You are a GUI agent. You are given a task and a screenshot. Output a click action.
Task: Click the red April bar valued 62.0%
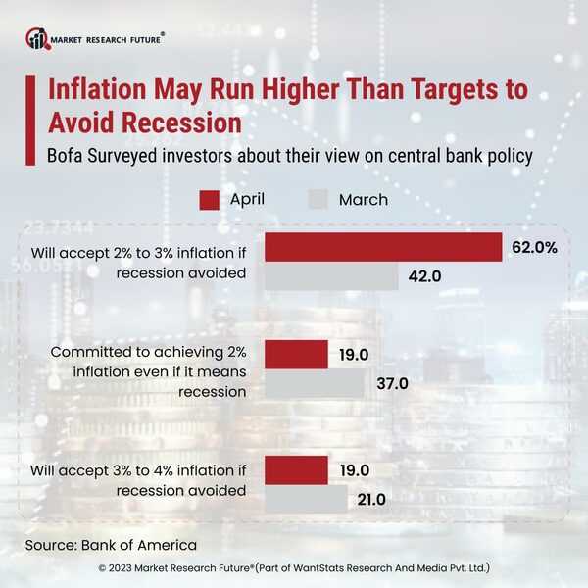coord(383,248)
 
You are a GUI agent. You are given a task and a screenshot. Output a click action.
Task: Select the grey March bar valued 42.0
coord(331,276)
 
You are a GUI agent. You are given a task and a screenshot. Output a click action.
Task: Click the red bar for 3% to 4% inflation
coord(297,469)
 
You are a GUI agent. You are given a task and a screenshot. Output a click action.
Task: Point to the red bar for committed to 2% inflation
coord(297,354)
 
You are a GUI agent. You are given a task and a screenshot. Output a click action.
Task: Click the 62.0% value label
coord(534,248)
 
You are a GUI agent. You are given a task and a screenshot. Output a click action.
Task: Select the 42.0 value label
coord(425,277)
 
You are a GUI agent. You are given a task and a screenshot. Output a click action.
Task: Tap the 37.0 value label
coord(392,383)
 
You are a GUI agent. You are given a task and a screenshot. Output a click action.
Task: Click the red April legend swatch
coord(209,200)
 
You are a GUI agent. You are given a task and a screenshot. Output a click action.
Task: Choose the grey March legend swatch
coord(318,200)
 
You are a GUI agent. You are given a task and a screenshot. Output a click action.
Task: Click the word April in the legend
coord(247,200)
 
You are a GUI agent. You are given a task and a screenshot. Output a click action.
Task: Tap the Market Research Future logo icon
coord(37,39)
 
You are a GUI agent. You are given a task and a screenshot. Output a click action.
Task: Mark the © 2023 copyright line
coord(294,568)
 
